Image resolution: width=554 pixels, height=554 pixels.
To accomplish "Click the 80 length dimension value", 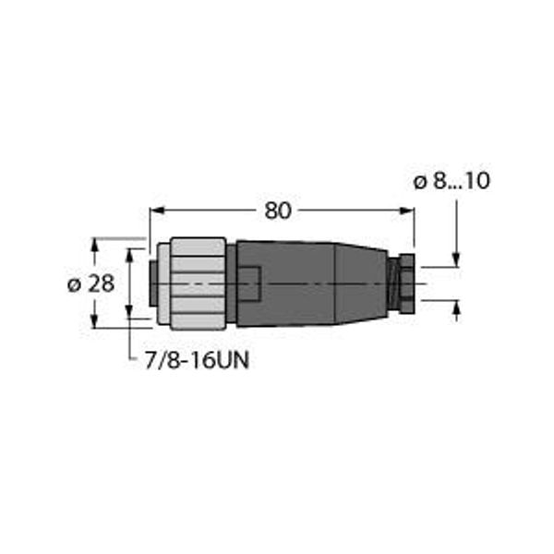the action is click(x=278, y=211).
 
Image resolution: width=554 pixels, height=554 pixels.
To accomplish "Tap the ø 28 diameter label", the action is click(x=90, y=283).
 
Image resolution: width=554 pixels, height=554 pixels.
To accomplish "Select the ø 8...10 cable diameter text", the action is click(x=452, y=181).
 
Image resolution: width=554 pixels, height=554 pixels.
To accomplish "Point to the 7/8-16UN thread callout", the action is click(x=198, y=361).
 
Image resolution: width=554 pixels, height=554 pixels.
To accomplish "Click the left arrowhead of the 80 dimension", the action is click(x=157, y=211).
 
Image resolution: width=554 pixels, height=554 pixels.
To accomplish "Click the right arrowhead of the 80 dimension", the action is click(x=406, y=211).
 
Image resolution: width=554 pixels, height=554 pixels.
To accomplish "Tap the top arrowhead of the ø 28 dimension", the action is click(x=94, y=246).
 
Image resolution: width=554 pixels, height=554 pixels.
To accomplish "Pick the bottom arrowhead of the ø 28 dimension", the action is click(x=94, y=320).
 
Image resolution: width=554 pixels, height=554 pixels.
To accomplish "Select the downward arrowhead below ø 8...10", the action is click(x=456, y=259).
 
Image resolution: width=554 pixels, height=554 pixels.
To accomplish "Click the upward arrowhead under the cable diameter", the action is click(x=456, y=307).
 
